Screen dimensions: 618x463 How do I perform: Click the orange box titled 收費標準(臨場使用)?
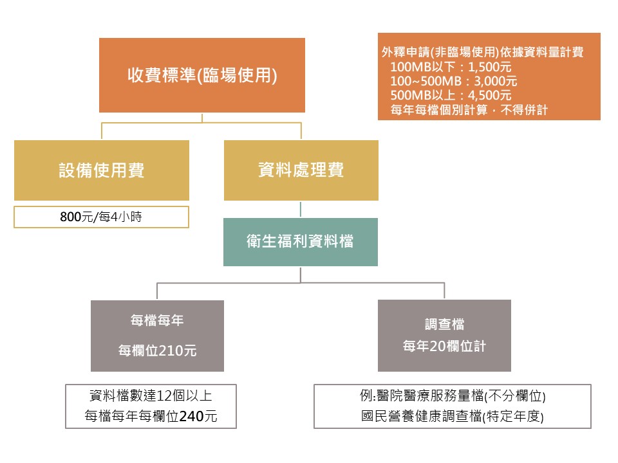tap(201, 75)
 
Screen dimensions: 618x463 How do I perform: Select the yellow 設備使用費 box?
tap(102, 170)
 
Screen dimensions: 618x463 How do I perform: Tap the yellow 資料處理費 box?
tap(301, 170)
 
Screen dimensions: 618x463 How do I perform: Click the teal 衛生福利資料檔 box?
tap(301, 242)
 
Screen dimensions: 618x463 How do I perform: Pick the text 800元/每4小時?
tap(101, 217)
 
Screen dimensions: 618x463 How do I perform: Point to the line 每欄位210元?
tap(157, 350)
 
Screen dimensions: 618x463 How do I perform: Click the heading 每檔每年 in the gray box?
tap(157, 320)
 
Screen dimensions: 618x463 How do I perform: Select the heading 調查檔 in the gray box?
tap(445, 324)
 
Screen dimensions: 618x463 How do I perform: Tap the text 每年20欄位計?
tap(445, 346)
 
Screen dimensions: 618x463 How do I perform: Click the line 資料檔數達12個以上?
tap(151, 395)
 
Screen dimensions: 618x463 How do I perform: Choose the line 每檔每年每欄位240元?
tap(151, 416)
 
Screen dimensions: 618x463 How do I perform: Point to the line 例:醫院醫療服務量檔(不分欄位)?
tap(453, 395)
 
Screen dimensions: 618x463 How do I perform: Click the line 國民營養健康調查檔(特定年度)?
tap(453, 416)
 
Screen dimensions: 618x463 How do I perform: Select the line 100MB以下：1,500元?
tap(451, 67)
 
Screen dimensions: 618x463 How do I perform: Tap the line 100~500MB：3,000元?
tap(454, 81)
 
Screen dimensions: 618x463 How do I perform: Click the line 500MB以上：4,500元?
tap(451, 95)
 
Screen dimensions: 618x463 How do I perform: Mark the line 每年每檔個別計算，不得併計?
tap(469, 109)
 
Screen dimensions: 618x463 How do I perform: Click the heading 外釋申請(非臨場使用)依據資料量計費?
tap(482, 52)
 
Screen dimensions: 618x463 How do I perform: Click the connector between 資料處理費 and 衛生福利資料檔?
tap(301, 210)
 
